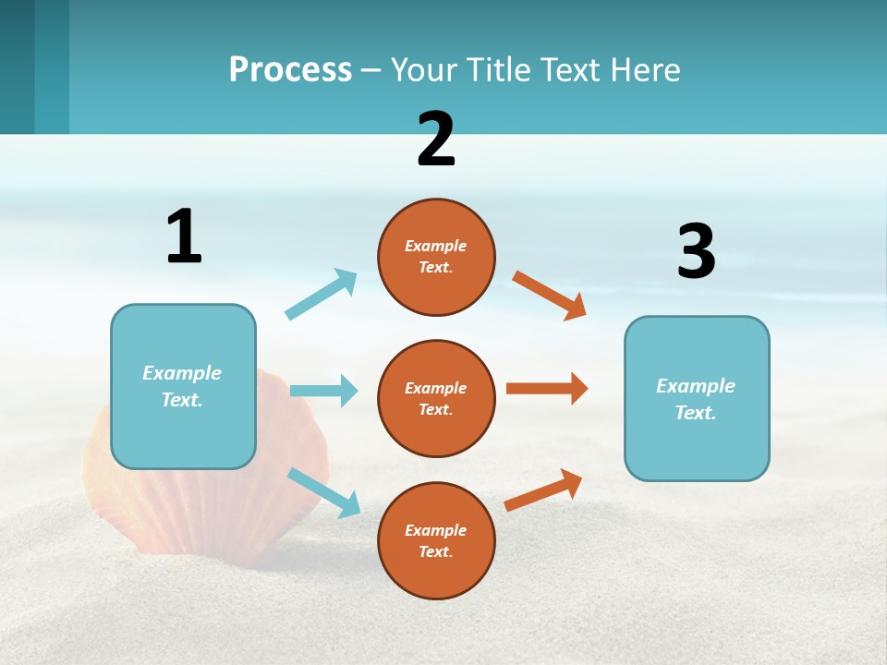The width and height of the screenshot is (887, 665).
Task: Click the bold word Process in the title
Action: pos(290,70)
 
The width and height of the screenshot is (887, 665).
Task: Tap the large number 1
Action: pos(184,236)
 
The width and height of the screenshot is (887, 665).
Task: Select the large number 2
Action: pos(436,139)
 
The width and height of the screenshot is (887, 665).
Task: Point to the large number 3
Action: pos(696,251)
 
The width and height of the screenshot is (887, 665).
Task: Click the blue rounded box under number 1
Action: pos(183,386)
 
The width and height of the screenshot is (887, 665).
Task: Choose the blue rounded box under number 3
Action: pos(697,399)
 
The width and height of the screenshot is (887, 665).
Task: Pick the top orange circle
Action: pos(436,257)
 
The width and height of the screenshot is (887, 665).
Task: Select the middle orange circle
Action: pos(436,399)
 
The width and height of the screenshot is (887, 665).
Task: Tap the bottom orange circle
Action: pos(436,541)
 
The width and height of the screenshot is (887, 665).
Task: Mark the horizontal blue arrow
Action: pos(323,391)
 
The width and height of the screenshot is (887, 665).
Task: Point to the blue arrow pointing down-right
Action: pos(323,491)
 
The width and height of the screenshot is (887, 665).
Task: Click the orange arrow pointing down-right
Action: pos(550,295)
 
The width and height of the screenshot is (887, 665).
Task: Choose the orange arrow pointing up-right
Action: pos(543,490)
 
